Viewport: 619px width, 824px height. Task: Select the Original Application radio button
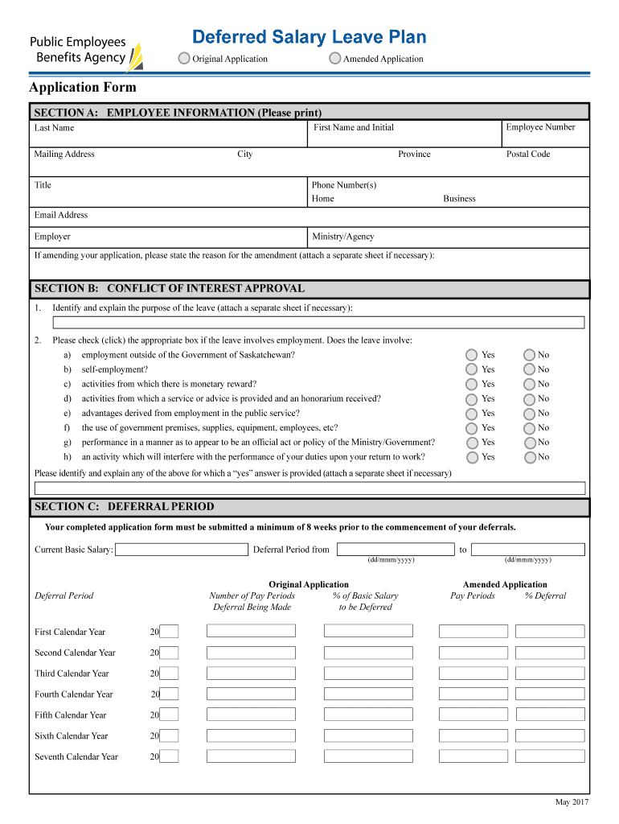pyautogui.click(x=184, y=58)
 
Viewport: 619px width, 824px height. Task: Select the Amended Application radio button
pyautogui.click(x=335, y=58)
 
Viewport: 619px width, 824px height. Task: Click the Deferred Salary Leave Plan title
pyautogui.click(x=309, y=37)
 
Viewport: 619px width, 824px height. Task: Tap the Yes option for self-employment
pyautogui.click(x=472, y=369)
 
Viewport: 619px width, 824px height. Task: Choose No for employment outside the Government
pyautogui.click(x=529, y=355)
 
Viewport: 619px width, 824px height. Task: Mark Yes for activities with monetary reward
pyautogui.click(x=472, y=384)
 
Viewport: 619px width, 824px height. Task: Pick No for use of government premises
pyautogui.click(x=529, y=427)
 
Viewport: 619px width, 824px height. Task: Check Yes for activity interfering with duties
pyautogui.click(x=472, y=457)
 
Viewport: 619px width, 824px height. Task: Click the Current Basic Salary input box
pyautogui.click(x=182, y=550)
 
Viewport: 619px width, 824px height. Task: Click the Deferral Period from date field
pyautogui.click(x=395, y=550)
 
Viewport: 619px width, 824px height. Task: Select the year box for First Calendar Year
pyautogui.click(x=169, y=632)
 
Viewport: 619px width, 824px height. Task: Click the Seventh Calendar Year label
pyautogui.click(x=76, y=756)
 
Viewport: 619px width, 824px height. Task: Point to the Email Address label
pyautogui.click(x=61, y=215)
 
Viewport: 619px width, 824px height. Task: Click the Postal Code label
pyautogui.click(x=527, y=154)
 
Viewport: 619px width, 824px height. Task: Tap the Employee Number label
pyautogui.click(x=540, y=127)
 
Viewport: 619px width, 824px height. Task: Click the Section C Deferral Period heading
pyautogui.click(x=124, y=507)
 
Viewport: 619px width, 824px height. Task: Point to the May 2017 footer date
pyautogui.click(x=572, y=802)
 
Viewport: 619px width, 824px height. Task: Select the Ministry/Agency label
pyautogui.click(x=342, y=237)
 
